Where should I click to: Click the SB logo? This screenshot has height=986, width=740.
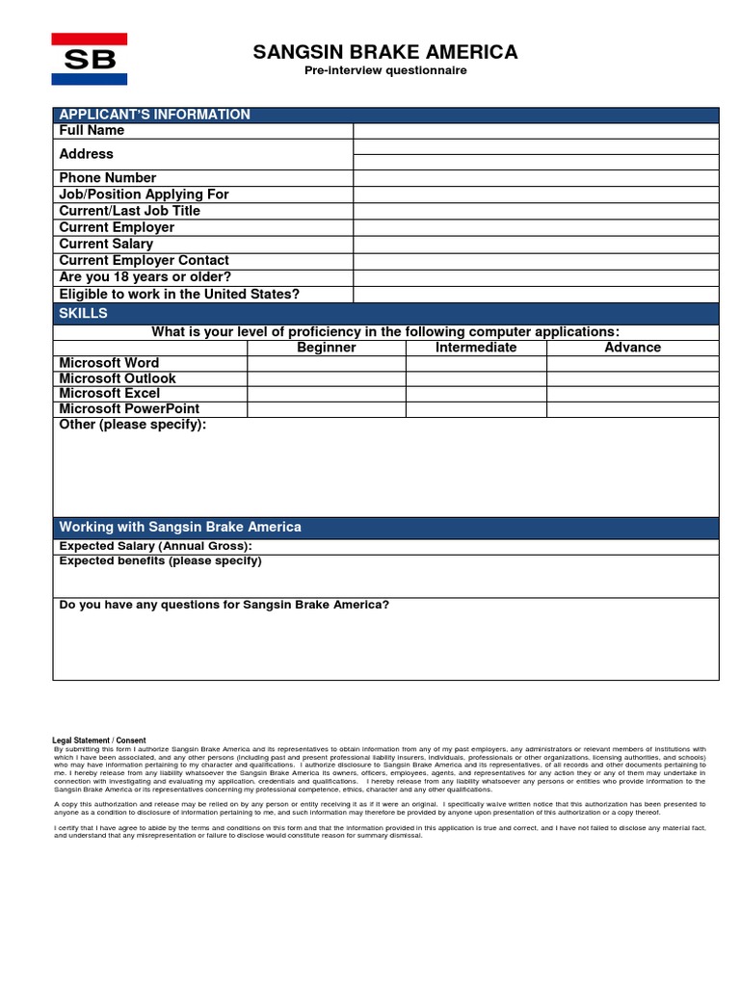point(89,59)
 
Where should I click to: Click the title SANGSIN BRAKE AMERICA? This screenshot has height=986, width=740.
point(385,52)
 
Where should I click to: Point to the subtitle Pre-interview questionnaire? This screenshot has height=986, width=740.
point(385,71)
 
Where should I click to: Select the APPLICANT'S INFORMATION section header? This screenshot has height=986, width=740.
point(154,115)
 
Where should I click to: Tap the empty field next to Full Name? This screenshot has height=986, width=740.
point(536,131)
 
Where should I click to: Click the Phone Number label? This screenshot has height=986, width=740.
point(108,178)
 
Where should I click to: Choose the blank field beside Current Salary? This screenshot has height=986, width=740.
point(536,245)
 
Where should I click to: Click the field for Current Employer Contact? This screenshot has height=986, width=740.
point(536,261)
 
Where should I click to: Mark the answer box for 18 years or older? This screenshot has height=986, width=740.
point(536,277)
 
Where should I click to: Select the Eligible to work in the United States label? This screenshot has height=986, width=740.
point(179,295)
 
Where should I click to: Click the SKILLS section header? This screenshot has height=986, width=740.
point(84,314)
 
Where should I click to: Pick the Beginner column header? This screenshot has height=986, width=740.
point(327,348)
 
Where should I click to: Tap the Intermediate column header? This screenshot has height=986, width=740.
point(476,348)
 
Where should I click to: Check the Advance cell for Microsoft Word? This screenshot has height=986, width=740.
point(632,364)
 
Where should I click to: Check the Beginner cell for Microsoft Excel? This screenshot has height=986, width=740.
point(327,394)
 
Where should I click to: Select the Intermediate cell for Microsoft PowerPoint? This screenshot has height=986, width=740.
point(476,409)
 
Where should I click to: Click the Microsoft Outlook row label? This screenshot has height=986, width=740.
point(118,378)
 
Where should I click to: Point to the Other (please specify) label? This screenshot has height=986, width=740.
point(133,426)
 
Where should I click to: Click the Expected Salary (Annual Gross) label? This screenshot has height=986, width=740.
point(155,546)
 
